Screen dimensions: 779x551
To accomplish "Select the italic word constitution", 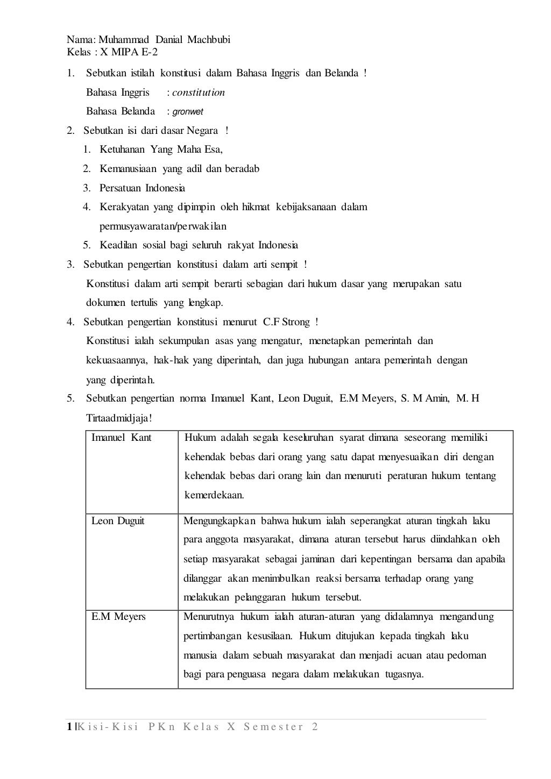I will (x=199, y=92).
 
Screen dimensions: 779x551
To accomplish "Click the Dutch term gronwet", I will (x=188, y=112).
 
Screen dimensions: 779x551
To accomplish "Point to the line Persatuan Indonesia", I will (x=142, y=188).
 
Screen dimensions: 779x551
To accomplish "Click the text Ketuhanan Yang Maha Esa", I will (x=160, y=150).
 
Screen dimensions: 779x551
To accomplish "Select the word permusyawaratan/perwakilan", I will (x=163, y=226).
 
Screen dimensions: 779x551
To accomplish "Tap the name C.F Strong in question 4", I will (x=286, y=322).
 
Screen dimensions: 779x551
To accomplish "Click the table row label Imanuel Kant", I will (x=122, y=438).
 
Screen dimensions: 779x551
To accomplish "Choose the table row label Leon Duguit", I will (x=118, y=521).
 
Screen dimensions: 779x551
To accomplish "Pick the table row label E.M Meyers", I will (x=118, y=617).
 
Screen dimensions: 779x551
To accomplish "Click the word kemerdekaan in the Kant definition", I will (x=214, y=495).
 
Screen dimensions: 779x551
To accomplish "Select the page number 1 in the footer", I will (x=70, y=727).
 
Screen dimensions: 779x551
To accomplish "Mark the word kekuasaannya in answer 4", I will (x=117, y=360).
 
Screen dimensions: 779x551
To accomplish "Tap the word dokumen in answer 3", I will (x=105, y=303).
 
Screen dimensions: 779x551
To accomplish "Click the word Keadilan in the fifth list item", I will (x=118, y=245).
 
